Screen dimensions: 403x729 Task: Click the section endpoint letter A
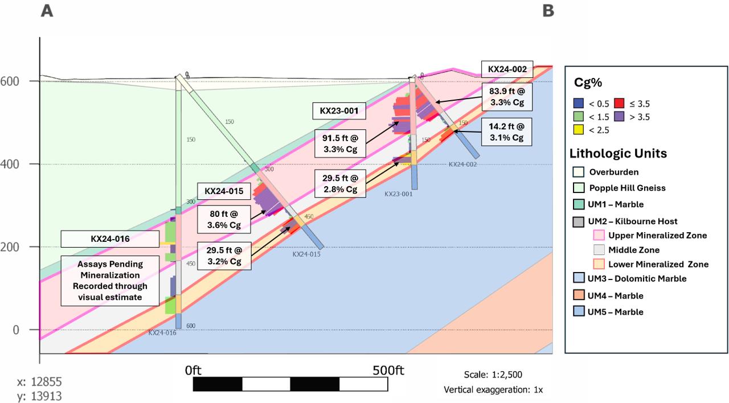pos(47,11)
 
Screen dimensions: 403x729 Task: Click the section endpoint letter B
pos(548,11)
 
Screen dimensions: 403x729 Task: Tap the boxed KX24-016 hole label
pos(109,239)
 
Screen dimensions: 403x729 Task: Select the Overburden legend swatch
pos(578,171)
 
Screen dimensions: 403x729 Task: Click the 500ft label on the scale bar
pos(388,370)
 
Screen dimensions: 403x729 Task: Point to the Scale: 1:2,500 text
pos(493,375)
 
